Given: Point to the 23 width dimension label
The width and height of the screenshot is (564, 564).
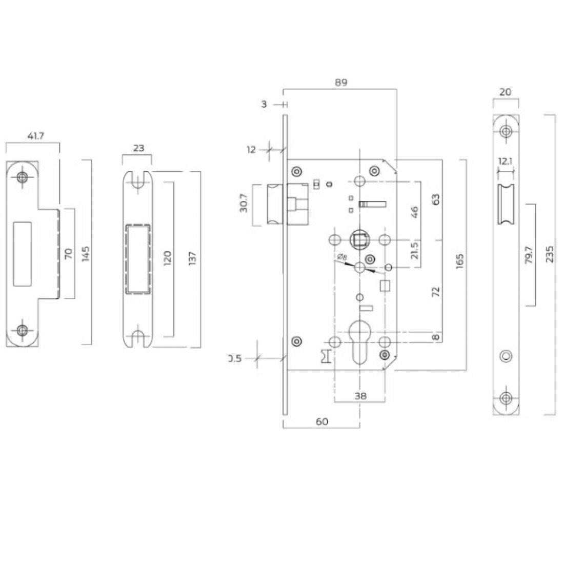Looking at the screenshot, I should click(138, 148).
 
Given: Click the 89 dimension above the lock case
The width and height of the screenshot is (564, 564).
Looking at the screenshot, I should click(339, 82).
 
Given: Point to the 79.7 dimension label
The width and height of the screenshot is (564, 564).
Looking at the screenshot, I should click(529, 255).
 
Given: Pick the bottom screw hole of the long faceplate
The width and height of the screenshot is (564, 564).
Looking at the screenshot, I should click(506, 397).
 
